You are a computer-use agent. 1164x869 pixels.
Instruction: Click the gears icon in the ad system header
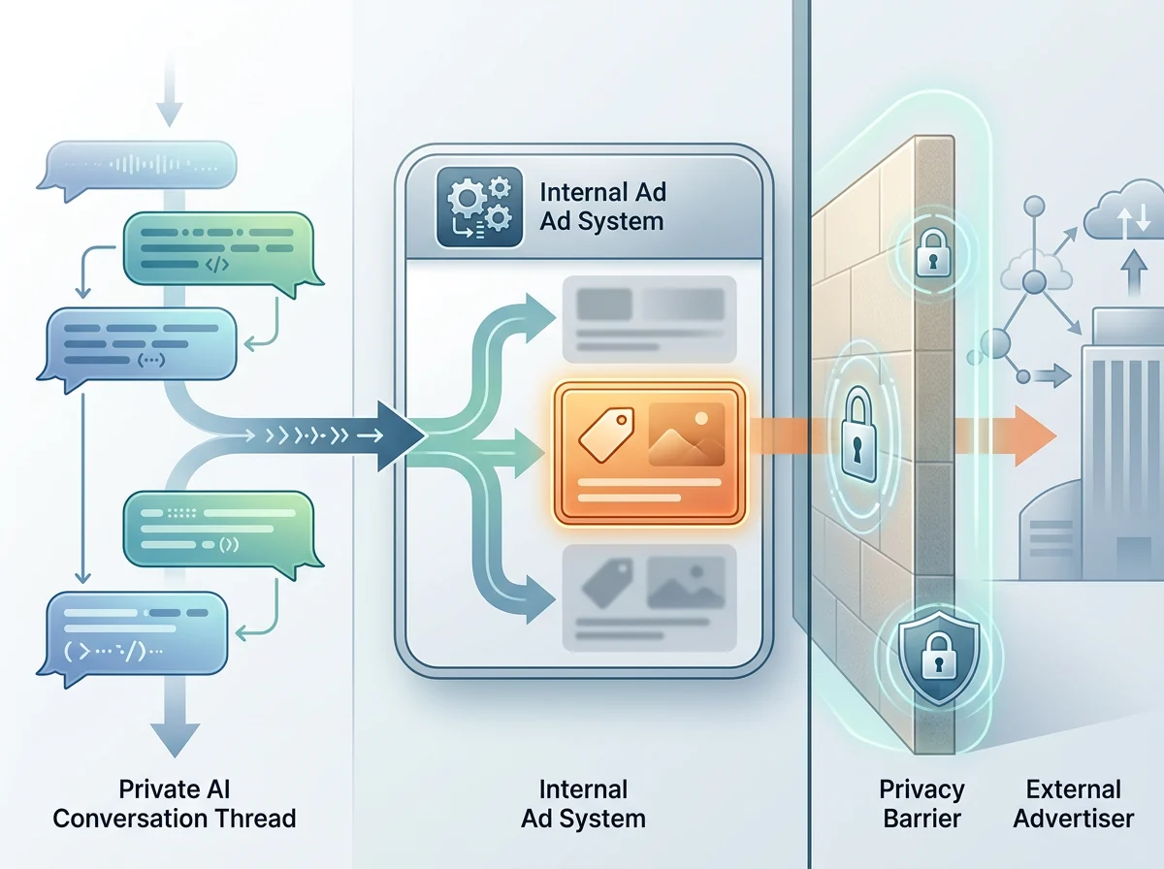[479, 208]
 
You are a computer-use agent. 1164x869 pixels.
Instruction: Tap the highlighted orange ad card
[650, 453]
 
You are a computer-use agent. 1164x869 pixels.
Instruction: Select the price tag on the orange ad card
[606, 434]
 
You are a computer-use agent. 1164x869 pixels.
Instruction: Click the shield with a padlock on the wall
[939, 658]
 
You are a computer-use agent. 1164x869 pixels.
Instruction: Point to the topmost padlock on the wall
[933, 252]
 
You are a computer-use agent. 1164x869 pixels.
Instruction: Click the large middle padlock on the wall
[858, 434]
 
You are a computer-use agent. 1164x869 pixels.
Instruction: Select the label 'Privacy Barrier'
[921, 804]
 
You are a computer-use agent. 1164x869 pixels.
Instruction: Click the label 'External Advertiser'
[1074, 804]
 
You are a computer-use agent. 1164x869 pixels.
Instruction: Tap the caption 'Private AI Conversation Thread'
[175, 804]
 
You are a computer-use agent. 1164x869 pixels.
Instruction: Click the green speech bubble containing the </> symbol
[223, 253]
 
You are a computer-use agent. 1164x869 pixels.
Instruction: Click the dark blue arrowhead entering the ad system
[401, 436]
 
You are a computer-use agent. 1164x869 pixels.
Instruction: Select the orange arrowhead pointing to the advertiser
[1035, 436]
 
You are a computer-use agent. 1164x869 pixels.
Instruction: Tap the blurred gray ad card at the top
[650, 319]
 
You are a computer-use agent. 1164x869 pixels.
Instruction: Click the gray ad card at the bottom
[650, 598]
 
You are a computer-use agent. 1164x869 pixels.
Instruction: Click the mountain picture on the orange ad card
[687, 434]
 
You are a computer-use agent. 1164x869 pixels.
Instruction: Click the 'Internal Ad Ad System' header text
[602, 207]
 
